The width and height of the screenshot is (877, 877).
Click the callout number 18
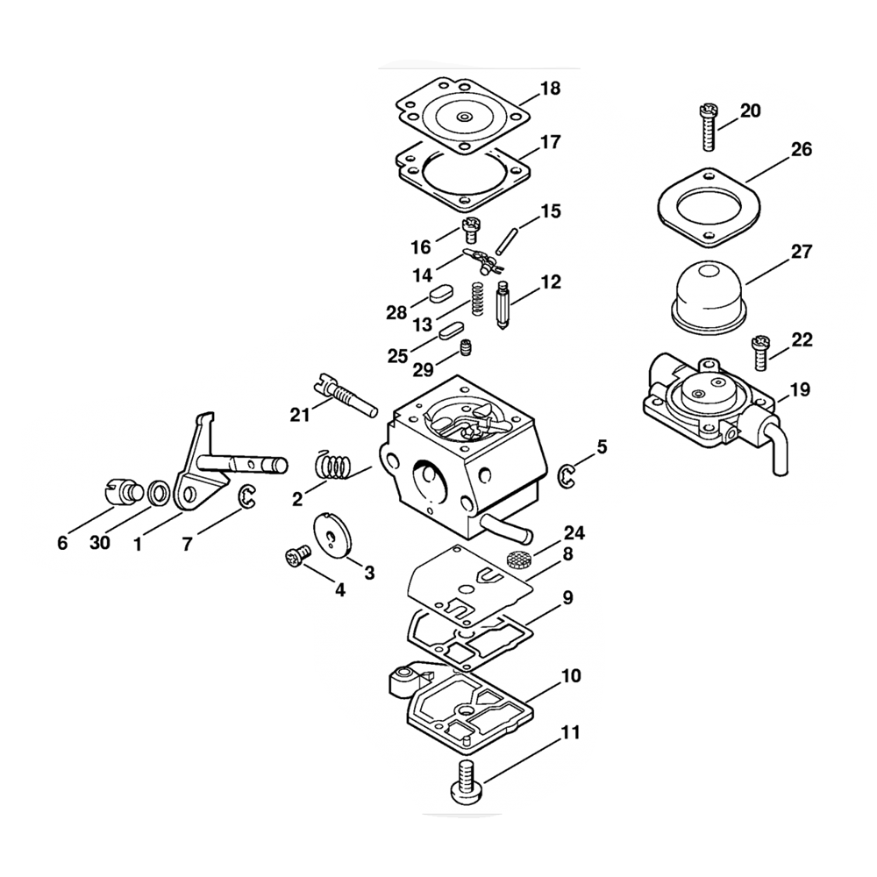coord(551,89)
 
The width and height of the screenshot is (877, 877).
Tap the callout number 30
coord(100,543)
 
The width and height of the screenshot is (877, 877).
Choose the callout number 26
coord(802,150)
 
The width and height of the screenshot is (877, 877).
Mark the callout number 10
coord(571,677)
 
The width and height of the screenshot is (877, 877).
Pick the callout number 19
coord(800,389)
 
